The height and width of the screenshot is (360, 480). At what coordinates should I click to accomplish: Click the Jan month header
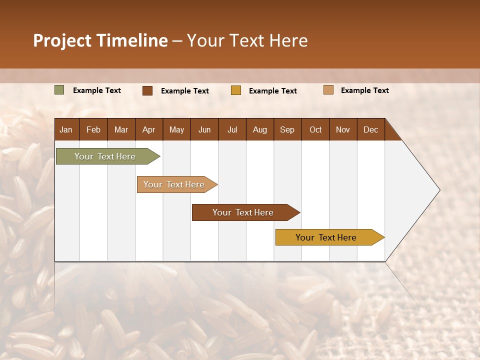(x=66, y=129)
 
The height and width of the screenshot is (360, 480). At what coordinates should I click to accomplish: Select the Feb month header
(x=93, y=129)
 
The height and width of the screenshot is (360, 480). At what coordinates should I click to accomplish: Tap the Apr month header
(x=148, y=129)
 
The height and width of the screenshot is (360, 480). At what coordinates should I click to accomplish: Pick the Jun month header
(x=204, y=129)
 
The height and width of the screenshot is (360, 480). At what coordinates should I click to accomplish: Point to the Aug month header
(x=259, y=129)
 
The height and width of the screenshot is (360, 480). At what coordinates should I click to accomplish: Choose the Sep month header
(x=287, y=129)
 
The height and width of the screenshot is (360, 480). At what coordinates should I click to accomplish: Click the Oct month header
(x=315, y=129)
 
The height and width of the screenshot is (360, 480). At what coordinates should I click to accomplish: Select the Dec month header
(x=370, y=129)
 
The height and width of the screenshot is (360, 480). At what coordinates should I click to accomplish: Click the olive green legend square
(x=59, y=90)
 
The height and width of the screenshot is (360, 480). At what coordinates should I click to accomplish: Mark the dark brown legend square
(x=147, y=90)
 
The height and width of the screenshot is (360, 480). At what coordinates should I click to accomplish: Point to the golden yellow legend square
(x=236, y=90)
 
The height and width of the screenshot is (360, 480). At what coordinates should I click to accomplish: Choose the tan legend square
(x=328, y=90)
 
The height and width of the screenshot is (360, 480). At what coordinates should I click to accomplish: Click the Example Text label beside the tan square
(x=364, y=90)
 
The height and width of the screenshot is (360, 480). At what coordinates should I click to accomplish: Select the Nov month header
(x=342, y=129)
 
